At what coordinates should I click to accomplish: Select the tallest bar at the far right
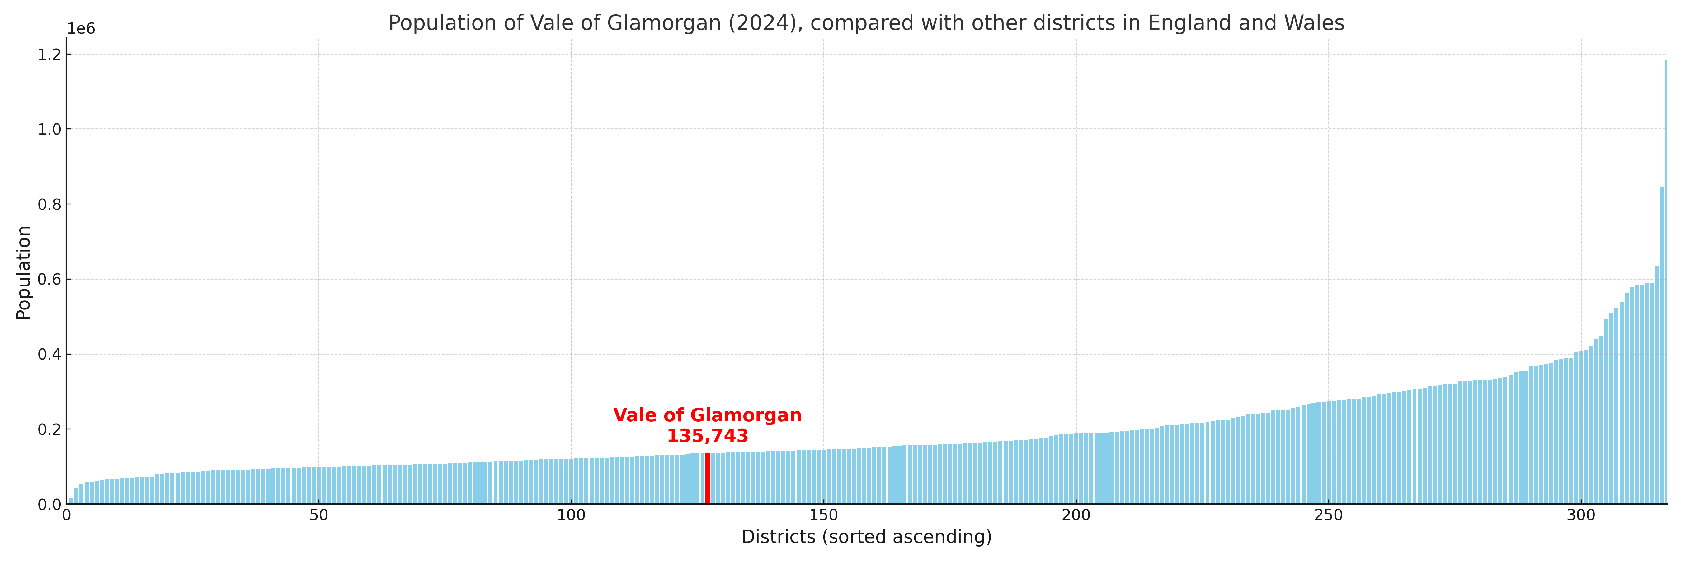[x=1665, y=281]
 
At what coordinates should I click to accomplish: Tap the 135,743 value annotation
[x=707, y=436]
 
